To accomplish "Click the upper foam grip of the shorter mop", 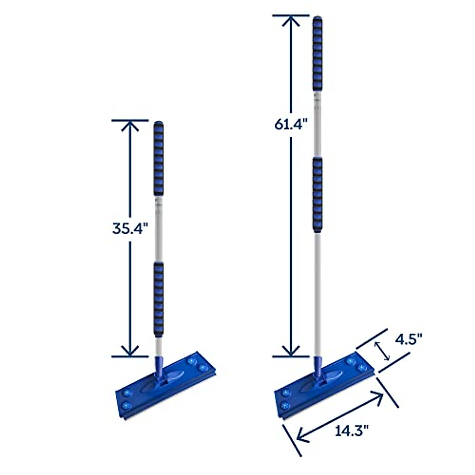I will tap(158, 158).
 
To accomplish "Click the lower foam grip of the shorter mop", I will tap(158, 299).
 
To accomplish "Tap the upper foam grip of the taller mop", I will tap(317, 55).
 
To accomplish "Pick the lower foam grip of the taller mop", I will tap(317, 194).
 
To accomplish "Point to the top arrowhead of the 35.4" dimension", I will tap(130, 126).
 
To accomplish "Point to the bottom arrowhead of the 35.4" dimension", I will tap(130, 350).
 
